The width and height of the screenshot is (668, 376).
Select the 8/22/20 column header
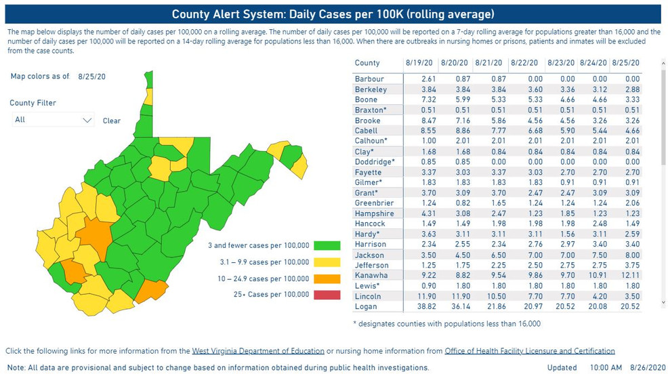coord(524,62)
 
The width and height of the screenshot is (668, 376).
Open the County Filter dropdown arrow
coord(87,120)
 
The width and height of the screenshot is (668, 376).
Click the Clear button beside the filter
coord(112,121)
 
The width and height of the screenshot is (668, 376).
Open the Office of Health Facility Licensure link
coord(530,351)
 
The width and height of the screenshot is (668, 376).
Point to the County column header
coord(367,62)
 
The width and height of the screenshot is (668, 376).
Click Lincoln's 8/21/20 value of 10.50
coord(488,297)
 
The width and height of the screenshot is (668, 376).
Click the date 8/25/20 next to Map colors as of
coord(91,77)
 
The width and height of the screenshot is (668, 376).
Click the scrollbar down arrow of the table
coord(663,303)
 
